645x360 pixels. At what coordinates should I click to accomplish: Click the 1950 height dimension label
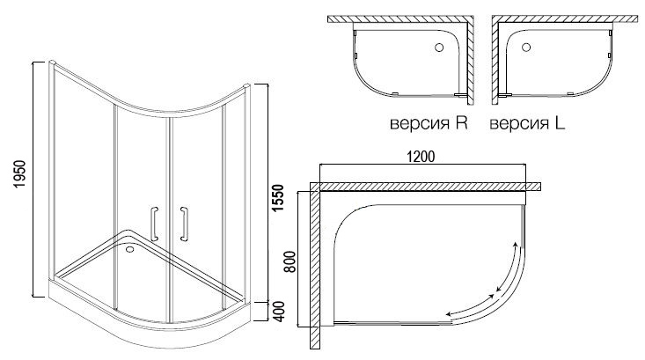19,175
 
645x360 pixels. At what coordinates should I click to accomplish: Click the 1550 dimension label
278,199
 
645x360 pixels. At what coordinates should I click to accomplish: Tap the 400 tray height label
278,312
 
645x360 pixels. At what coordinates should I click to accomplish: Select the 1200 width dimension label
421,157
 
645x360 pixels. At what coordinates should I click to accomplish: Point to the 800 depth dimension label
290,261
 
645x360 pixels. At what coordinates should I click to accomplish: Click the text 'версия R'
429,123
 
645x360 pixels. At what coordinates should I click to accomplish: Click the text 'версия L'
527,123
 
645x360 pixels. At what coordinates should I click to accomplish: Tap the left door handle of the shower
154,224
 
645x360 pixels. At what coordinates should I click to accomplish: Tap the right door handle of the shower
184,224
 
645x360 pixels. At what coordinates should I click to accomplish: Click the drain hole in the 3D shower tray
130,248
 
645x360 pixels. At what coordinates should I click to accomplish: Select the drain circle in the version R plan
439,48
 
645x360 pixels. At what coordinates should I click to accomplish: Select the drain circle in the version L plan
526,48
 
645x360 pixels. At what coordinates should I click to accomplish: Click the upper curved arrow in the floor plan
509,267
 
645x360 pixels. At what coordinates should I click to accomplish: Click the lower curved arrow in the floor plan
470,306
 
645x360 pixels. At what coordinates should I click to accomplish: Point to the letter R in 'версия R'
462,122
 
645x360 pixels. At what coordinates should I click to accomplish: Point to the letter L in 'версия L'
560,122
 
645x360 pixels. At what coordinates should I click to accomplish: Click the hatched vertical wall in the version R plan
470,61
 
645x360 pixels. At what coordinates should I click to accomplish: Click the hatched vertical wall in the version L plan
495,61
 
